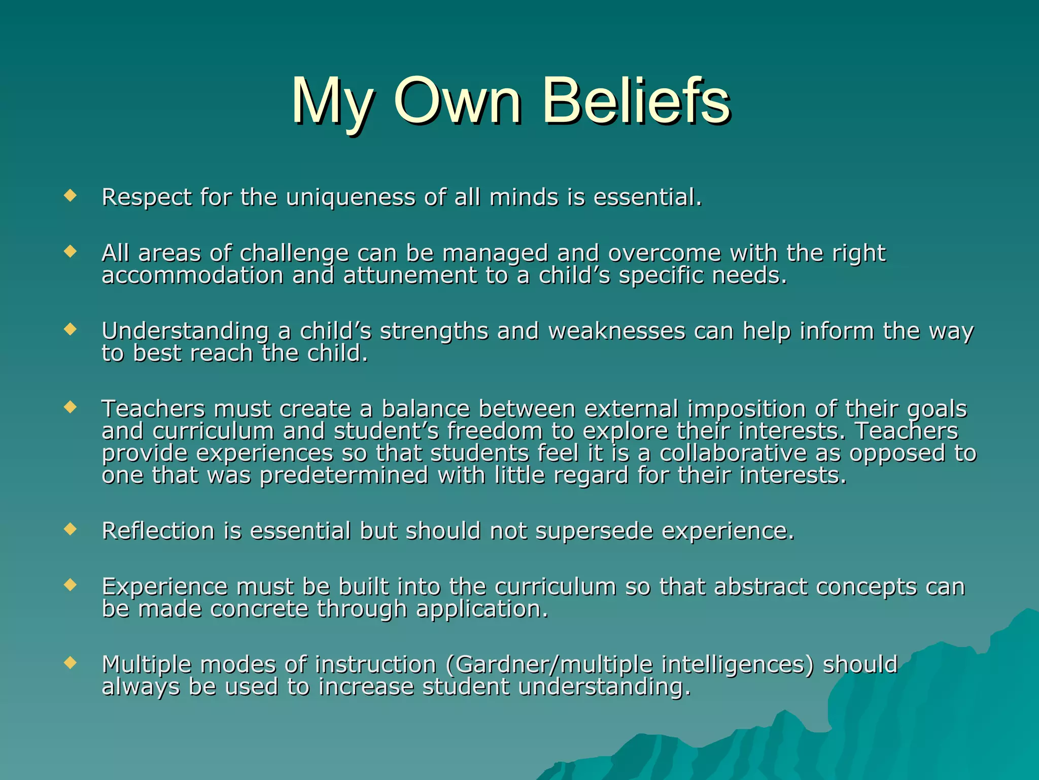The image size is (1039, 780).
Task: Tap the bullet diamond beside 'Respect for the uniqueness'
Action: [70, 195]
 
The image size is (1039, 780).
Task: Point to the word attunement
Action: [410, 276]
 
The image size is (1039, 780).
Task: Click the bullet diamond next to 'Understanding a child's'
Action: [70, 329]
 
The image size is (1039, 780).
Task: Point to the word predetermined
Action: [344, 476]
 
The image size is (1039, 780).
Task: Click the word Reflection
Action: [158, 531]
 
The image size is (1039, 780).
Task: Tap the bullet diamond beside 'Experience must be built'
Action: [70, 585]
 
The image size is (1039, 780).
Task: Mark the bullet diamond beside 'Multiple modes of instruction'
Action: [70, 663]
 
